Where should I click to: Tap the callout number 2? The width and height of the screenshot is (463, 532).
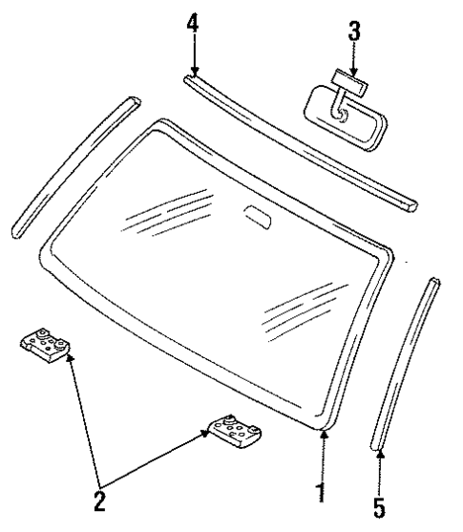[x=99, y=500]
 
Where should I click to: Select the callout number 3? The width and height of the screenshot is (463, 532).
[x=354, y=30]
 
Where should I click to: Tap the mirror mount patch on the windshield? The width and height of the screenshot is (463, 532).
[x=256, y=215]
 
